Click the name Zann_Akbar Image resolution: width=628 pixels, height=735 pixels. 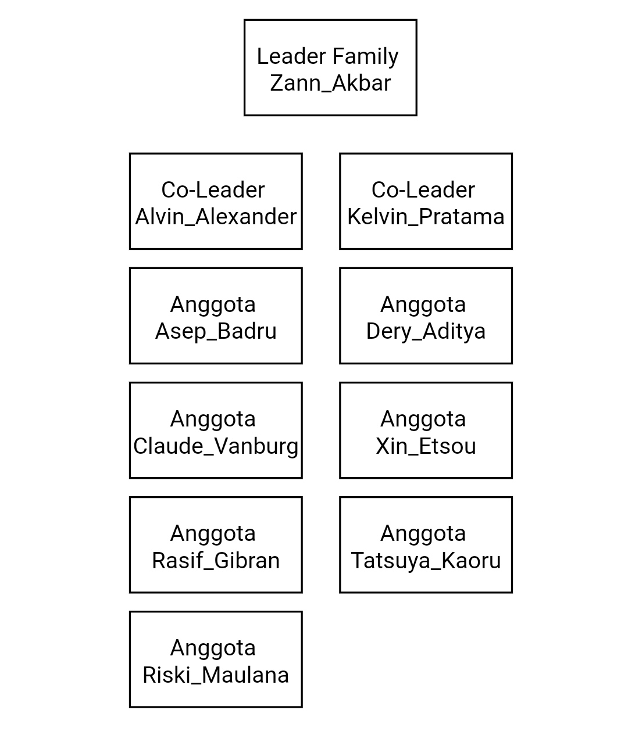click(x=330, y=83)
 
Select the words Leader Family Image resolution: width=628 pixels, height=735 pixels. click(x=328, y=56)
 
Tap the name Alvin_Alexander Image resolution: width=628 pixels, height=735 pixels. click(x=216, y=217)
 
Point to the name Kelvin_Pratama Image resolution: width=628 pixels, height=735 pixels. click(x=426, y=217)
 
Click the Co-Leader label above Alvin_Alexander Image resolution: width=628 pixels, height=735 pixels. click(x=213, y=190)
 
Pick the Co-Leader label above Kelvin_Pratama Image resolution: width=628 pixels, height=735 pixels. click(x=423, y=190)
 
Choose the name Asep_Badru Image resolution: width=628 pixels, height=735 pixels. click(x=216, y=331)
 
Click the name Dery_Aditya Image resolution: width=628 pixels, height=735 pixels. click(x=426, y=331)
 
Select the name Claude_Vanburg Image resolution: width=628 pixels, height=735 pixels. click(x=216, y=446)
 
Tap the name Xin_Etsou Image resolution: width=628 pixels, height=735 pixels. click(x=426, y=446)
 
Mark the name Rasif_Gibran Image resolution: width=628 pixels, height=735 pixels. click(x=216, y=561)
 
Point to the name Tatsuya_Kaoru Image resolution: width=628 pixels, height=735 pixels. click(x=426, y=561)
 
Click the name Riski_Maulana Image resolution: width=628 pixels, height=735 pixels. click(x=216, y=675)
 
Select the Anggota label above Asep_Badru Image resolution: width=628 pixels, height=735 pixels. click(x=213, y=305)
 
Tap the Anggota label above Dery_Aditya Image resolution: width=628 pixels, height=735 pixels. click(x=423, y=305)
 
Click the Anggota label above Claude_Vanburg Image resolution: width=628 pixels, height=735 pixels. click(x=213, y=420)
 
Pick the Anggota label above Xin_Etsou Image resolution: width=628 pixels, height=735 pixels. click(x=423, y=420)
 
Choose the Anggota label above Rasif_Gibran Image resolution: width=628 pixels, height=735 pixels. click(x=213, y=534)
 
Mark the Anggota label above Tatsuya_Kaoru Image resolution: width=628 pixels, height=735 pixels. click(x=423, y=534)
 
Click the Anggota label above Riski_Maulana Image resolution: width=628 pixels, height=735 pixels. click(x=213, y=648)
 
